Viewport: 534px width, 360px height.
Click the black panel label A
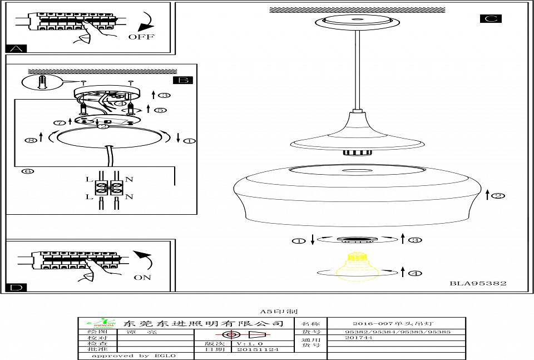16,48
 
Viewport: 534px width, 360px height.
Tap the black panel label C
490,18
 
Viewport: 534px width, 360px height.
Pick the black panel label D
17,287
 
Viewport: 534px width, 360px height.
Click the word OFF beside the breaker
142,37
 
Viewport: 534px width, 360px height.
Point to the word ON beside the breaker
142,277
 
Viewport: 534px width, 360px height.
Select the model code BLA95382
478,283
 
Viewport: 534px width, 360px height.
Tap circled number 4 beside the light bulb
414,273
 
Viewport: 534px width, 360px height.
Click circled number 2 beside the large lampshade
498,195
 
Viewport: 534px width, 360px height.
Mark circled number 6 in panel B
27,171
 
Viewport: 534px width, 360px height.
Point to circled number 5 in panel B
160,110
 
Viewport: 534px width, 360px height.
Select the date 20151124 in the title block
258,349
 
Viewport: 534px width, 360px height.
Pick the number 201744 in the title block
359,338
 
